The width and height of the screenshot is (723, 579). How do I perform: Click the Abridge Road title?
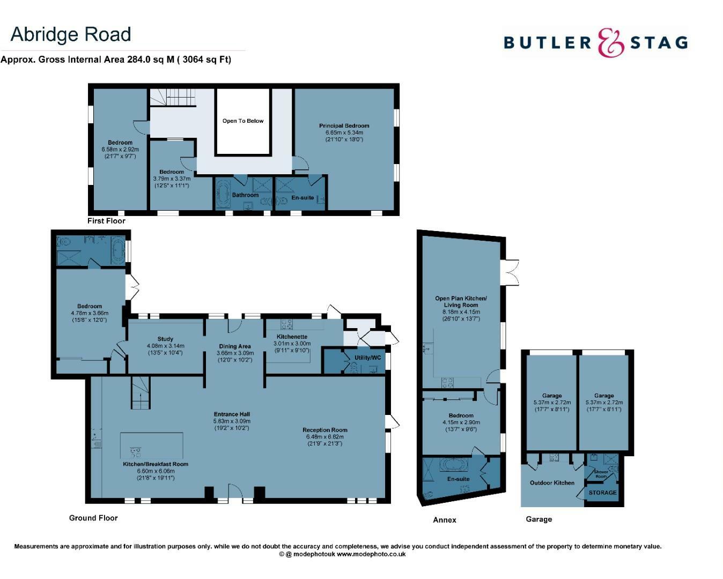pyautogui.click(x=71, y=35)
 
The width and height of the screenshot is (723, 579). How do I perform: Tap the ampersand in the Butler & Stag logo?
pyautogui.click(x=611, y=42)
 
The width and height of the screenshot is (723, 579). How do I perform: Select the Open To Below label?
pyautogui.click(x=243, y=121)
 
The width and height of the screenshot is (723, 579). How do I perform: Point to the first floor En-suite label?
pyautogui.click(x=303, y=198)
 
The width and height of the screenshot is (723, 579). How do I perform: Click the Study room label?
pyautogui.click(x=165, y=339)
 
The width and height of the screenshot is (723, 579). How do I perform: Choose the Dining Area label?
pyautogui.click(x=235, y=346)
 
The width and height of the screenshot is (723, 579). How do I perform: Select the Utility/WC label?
pyautogui.click(x=367, y=358)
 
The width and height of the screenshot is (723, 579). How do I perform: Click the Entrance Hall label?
pyautogui.click(x=232, y=414)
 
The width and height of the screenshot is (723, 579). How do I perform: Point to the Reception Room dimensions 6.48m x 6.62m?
pyautogui.click(x=324, y=437)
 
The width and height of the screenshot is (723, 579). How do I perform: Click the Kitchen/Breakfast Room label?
pyautogui.click(x=156, y=464)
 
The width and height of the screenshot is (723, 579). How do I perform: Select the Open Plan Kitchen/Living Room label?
pyautogui.click(x=461, y=302)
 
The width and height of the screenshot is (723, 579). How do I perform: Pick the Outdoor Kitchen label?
pyautogui.click(x=552, y=483)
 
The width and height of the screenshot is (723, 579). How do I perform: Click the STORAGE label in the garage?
pyautogui.click(x=602, y=493)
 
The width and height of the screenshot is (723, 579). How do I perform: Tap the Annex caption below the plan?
pyautogui.click(x=445, y=520)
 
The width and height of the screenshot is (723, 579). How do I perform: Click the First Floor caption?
pyautogui.click(x=106, y=221)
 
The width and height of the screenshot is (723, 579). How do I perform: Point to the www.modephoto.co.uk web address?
pyautogui.click(x=371, y=554)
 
